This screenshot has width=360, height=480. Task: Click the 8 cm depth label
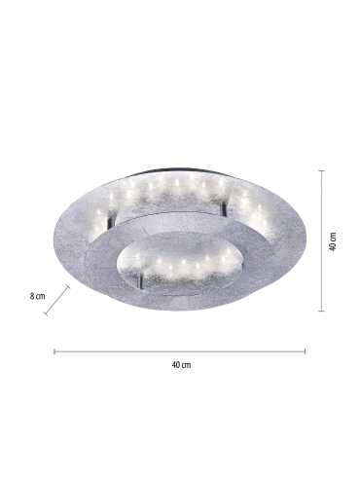click(x=37, y=296)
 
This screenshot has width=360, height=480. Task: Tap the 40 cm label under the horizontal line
click(x=181, y=365)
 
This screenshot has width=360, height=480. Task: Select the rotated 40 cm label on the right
click(x=333, y=241)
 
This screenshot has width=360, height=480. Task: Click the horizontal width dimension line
click(x=180, y=351)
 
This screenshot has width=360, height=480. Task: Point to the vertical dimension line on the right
click(x=321, y=240)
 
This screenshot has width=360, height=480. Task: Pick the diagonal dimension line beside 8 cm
click(x=57, y=300)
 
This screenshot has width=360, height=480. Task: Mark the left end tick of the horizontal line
click(x=54, y=351)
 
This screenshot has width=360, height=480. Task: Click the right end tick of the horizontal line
click(x=305, y=351)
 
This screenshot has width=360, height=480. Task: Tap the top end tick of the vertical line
click(x=321, y=170)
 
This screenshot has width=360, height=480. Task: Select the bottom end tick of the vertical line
click(x=321, y=311)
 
